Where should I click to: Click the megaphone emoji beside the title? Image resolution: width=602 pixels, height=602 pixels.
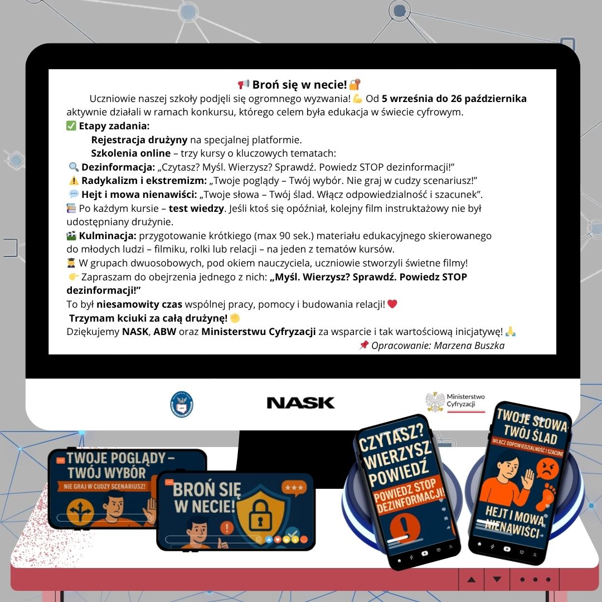click(x=244, y=84)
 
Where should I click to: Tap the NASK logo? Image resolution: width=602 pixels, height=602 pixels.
click(x=300, y=403)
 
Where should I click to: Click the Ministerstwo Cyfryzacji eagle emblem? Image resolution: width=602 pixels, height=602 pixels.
click(x=435, y=402)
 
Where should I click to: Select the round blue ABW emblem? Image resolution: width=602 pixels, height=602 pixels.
click(x=182, y=404)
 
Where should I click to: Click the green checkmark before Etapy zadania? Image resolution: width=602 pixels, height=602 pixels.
click(x=71, y=125)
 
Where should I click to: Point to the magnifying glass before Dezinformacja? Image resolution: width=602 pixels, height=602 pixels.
click(x=74, y=167)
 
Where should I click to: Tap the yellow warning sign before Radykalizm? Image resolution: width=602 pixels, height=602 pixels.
click(x=74, y=181)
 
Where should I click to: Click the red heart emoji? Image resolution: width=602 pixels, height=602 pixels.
click(x=392, y=304)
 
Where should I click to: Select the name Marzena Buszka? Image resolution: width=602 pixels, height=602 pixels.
click(x=469, y=346)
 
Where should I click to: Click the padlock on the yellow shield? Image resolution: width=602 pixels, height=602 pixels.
click(x=260, y=514)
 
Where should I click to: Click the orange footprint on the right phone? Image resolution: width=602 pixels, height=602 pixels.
click(x=548, y=496)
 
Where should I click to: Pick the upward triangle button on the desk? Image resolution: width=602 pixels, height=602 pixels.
click(x=472, y=579)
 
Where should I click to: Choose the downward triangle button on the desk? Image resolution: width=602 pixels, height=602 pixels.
click(x=497, y=579)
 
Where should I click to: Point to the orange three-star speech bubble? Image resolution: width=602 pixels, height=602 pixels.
click(x=294, y=488)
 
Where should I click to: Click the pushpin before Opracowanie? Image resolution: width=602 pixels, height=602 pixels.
click(x=363, y=345)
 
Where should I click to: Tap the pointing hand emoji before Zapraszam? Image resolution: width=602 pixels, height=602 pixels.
click(x=74, y=276)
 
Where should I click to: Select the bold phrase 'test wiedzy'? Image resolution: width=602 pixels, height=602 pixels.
click(x=196, y=208)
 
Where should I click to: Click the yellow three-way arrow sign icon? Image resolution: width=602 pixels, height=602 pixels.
click(x=80, y=513)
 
